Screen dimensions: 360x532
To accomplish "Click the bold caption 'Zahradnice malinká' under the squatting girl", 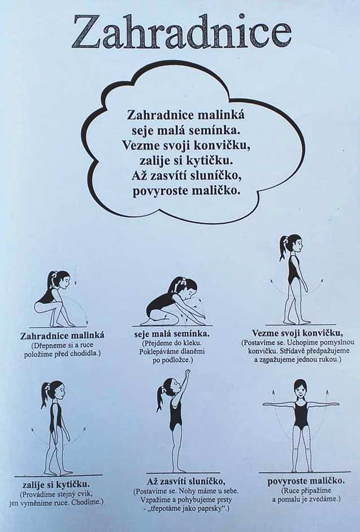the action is [x=62, y=335].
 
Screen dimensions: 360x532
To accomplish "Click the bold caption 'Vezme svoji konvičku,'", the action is [x=297, y=333].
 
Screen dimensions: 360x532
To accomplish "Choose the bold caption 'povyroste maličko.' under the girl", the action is [x=306, y=481].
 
